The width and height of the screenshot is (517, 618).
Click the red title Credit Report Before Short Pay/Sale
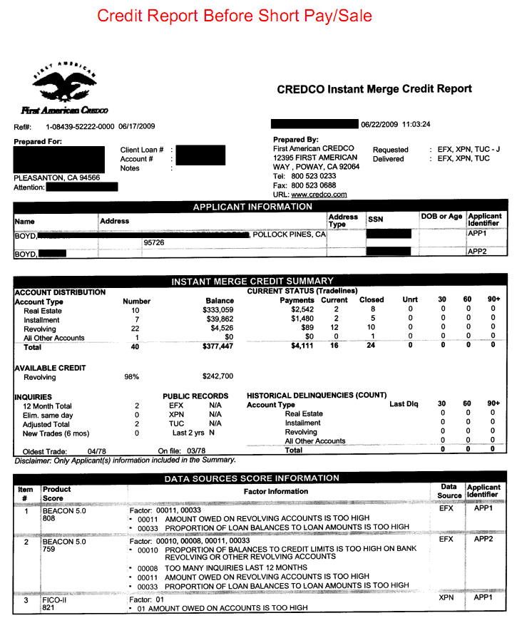coord(235,15)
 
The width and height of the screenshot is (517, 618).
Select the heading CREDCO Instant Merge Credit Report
coord(374,89)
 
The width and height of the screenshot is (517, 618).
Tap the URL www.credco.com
coord(319,194)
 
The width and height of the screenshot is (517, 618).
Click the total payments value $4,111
coord(302,348)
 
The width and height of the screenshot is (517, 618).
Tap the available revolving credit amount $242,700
coord(214,376)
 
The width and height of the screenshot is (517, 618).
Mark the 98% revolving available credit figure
coord(131,376)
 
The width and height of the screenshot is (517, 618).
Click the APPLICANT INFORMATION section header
coord(253,207)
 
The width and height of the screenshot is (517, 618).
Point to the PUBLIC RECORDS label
coord(195,396)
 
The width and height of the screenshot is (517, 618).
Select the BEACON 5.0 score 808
coord(50,520)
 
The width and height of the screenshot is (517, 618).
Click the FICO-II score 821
coord(50,608)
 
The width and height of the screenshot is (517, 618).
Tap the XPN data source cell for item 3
coord(446,598)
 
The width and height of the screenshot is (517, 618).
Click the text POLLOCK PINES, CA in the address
coord(290,234)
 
